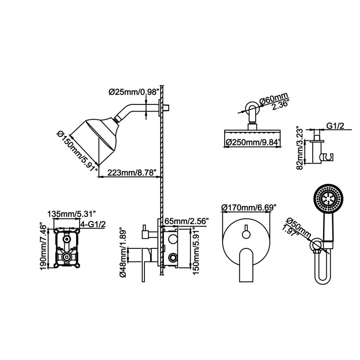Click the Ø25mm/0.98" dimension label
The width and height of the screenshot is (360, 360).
pos(134,92)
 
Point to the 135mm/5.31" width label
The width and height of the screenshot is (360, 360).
pos(71,214)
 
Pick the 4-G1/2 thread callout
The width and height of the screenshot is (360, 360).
pos(93,224)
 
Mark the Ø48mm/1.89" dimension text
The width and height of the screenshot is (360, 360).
pos(123,252)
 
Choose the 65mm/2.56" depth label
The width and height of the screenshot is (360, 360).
pos(187,221)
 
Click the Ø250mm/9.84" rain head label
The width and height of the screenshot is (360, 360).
pos(253,142)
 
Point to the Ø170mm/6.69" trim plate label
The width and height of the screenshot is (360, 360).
pos(248,208)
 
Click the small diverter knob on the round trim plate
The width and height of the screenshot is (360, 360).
pos(246,234)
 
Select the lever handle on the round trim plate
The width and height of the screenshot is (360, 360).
pos(246,265)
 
